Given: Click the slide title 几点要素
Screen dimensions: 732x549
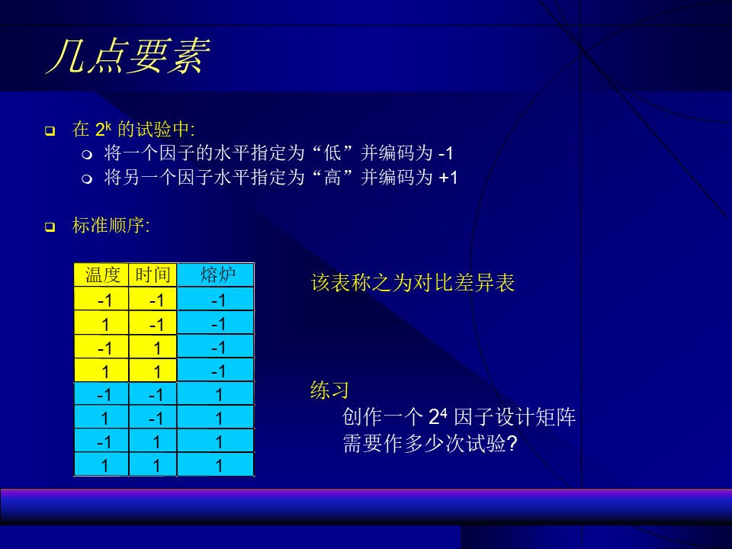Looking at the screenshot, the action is coord(128,56).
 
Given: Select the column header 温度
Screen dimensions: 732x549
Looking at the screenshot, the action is coord(101,274).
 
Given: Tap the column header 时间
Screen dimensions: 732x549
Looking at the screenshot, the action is coord(152,274).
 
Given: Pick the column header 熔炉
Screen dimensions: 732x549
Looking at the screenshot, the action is coord(216,274).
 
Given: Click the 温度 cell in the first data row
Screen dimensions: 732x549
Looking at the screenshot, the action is coord(101,299).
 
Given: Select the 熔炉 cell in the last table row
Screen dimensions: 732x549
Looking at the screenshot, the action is coord(216,465).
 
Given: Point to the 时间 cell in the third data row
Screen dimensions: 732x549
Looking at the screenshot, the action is coord(152,347).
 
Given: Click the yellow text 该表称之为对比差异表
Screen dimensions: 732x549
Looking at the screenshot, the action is coord(413,283).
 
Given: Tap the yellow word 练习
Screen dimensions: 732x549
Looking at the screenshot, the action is coord(329,390).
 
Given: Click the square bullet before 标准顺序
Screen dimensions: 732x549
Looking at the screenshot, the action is coord(50,227).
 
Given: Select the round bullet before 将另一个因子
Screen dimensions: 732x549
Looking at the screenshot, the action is coord(87,178).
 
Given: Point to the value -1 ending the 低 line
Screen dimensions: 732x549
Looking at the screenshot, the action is coord(445,153).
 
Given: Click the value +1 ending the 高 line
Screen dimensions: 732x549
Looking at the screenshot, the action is coord(448,178).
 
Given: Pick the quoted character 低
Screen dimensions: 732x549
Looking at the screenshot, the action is coord(333,152).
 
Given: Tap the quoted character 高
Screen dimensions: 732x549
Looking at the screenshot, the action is coord(333,178).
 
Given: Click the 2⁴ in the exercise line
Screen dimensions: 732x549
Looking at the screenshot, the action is coord(438,416).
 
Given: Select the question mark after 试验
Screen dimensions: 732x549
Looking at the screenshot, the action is coord(512,443).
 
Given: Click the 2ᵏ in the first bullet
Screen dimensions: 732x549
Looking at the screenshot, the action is coord(103,129).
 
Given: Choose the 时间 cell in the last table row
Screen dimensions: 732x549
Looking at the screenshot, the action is coord(152,465).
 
